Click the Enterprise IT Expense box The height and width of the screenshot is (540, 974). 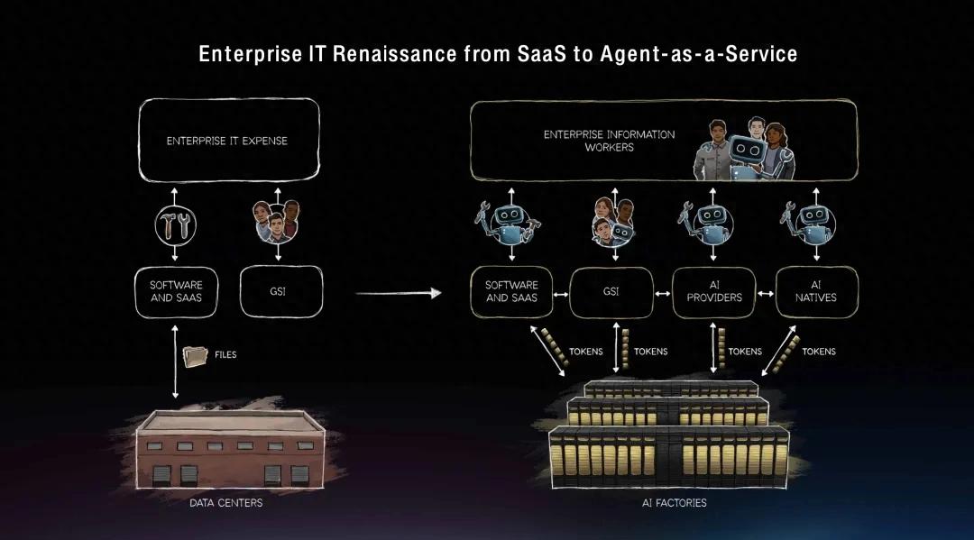pyautogui.click(x=227, y=141)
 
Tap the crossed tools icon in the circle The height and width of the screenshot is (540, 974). pyautogui.click(x=177, y=225)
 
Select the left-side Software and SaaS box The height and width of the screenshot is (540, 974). pyautogui.click(x=177, y=291)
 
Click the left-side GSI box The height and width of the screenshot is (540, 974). pyautogui.click(x=277, y=291)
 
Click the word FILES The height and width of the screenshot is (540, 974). pyautogui.click(x=225, y=355)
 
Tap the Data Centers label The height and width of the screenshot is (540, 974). pyautogui.click(x=225, y=502)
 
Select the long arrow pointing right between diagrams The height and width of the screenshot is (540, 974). pyautogui.click(x=397, y=293)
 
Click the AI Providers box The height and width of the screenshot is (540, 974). pyautogui.click(x=713, y=291)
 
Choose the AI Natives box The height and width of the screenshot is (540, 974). pyautogui.click(x=816, y=291)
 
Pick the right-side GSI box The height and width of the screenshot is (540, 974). pyautogui.click(x=610, y=291)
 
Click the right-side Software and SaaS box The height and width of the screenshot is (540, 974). pyautogui.click(x=511, y=291)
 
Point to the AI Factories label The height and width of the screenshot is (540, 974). pyautogui.click(x=674, y=502)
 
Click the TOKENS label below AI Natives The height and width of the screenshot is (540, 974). pyautogui.click(x=819, y=352)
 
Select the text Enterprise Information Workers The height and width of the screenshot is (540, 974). pyautogui.click(x=609, y=141)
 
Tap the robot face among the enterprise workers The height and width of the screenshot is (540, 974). pyautogui.click(x=745, y=151)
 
